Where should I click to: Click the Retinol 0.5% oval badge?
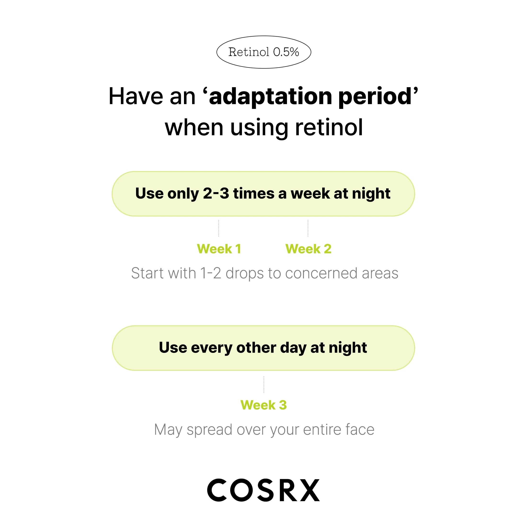(263, 52)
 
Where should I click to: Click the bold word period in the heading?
(375, 97)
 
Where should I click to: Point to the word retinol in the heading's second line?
(329, 127)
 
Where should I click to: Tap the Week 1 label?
(219, 249)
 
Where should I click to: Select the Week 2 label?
(308, 249)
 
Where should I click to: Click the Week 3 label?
(263, 405)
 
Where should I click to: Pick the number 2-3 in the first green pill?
(216, 193)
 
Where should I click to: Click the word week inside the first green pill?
(310, 193)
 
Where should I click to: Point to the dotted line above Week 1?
(218, 228)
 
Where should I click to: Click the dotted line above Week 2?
(308, 228)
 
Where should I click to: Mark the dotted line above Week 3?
(264, 385)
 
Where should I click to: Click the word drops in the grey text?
(245, 274)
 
